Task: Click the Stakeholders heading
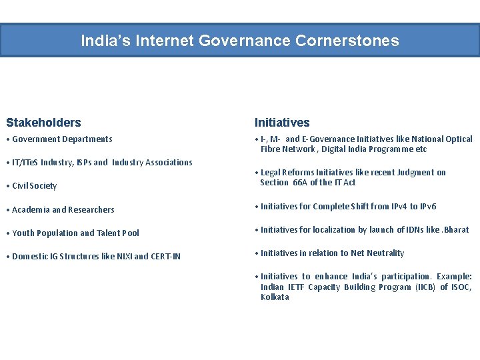[43, 123]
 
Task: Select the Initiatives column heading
[282, 123]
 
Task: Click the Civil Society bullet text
[34, 186]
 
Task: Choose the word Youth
[23, 233]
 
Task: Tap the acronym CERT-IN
[166, 257]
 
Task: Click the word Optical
[458, 139]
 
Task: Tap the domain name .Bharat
[456, 230]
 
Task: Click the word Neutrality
[383, 253]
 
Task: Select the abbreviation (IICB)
[425, 287]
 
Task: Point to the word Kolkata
[275, 297]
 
